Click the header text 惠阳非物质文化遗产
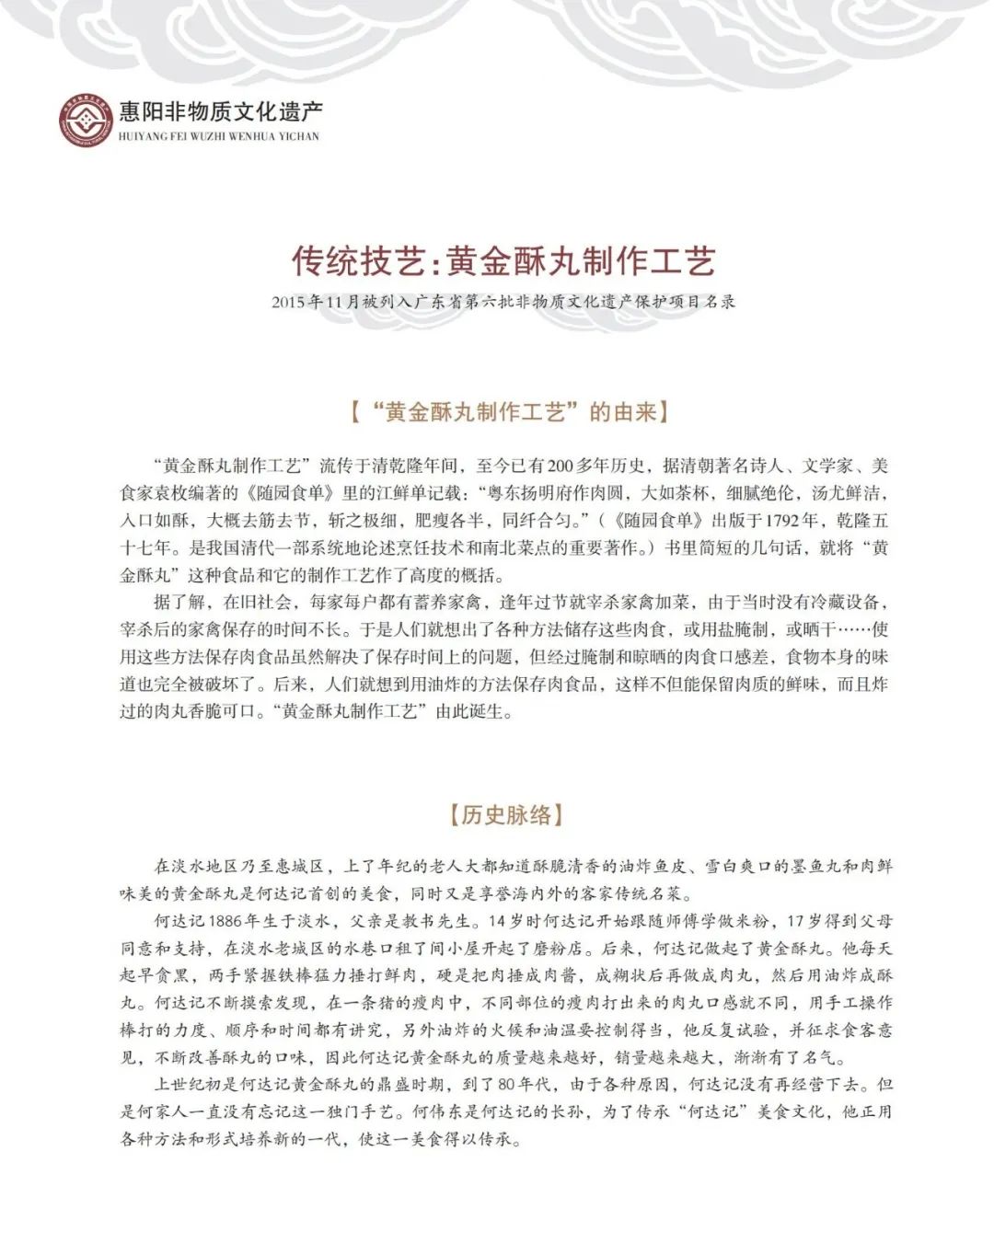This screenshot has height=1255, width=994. [x=222, y=112]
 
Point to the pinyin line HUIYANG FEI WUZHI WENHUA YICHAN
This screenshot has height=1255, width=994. [x=219, y=136]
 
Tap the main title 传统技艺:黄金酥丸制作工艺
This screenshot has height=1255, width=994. [x=503, y=261]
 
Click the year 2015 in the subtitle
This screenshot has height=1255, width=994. [x=288, y=301]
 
